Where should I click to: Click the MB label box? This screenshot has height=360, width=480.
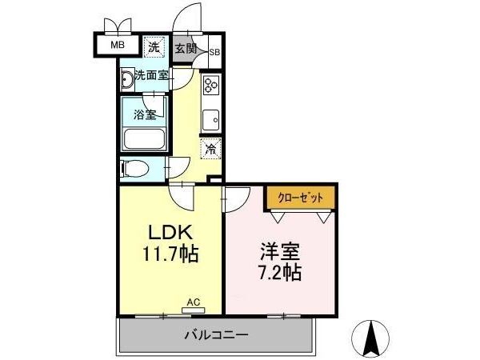point(118,45)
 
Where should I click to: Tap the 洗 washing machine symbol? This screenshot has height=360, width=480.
point(154,47)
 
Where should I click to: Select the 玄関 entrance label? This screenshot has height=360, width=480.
point(186,48)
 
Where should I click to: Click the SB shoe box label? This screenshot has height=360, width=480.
point(214,52)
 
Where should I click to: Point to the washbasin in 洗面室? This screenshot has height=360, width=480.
point(127,79)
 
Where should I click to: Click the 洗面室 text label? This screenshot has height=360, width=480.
point(151,75)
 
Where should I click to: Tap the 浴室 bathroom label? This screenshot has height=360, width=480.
point(145,114)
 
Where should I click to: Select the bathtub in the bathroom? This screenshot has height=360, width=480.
point(144,139)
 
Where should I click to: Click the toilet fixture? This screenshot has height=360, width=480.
point(134,168)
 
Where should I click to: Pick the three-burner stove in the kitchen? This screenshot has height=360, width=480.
point(211,85)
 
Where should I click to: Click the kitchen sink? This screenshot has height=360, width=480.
point(211,120)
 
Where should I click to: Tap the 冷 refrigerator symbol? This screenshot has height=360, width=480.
point(211,149)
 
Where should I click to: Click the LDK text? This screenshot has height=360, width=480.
point(170,232)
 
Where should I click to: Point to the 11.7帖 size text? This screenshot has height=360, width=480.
point(170,254)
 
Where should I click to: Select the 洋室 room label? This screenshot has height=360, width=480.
point(280,251)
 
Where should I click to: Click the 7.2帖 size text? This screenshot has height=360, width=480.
point(280,272)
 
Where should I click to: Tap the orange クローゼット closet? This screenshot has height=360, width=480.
point(300,198)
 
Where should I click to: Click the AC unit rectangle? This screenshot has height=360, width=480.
point(193,310)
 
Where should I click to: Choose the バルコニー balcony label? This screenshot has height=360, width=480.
point(216,335)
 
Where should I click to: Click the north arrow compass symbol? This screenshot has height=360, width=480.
point(370,339)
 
